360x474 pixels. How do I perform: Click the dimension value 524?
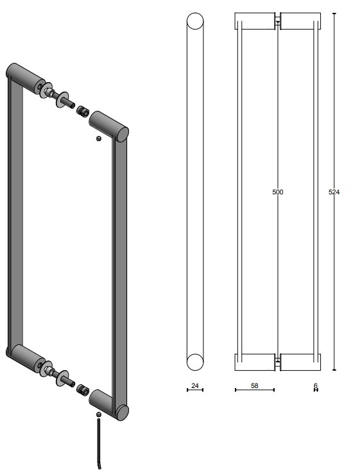coord(334,192)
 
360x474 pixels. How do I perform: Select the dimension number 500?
coord(277,192)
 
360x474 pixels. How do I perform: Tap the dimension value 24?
coord(194,386)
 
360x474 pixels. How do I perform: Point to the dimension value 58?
coord(254,386)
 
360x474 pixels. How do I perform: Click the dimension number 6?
coord(316,385)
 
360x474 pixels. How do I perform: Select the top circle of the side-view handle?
coord(195,22)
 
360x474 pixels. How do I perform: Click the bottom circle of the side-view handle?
coord(195,362)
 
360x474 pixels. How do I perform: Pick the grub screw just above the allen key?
coord(98,416)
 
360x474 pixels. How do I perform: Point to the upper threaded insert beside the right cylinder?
coord(82,112)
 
